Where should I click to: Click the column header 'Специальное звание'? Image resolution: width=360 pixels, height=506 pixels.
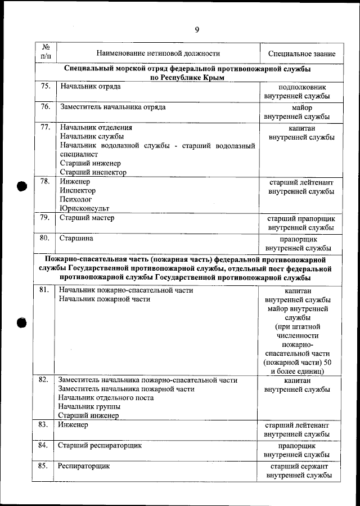click(301, 54)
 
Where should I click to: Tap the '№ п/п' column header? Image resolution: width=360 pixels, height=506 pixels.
click(46, 51)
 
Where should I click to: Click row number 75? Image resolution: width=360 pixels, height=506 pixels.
click(46, 87)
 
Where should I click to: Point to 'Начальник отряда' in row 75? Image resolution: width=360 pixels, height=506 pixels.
click(90, 87)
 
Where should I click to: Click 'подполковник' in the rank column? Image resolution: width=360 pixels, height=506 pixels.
click(301, 88)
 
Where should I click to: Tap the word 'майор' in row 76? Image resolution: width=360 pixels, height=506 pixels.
click(301, 108)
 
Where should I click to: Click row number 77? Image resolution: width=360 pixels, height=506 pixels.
click(46, 127)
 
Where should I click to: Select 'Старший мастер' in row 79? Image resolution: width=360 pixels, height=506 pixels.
click(87, 217)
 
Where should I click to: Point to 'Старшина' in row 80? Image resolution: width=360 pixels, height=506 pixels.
click(76, 238)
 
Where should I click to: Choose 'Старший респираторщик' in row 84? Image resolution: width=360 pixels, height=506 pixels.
click(100, 445)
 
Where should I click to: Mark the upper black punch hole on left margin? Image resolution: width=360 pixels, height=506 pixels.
click(22, 188)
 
